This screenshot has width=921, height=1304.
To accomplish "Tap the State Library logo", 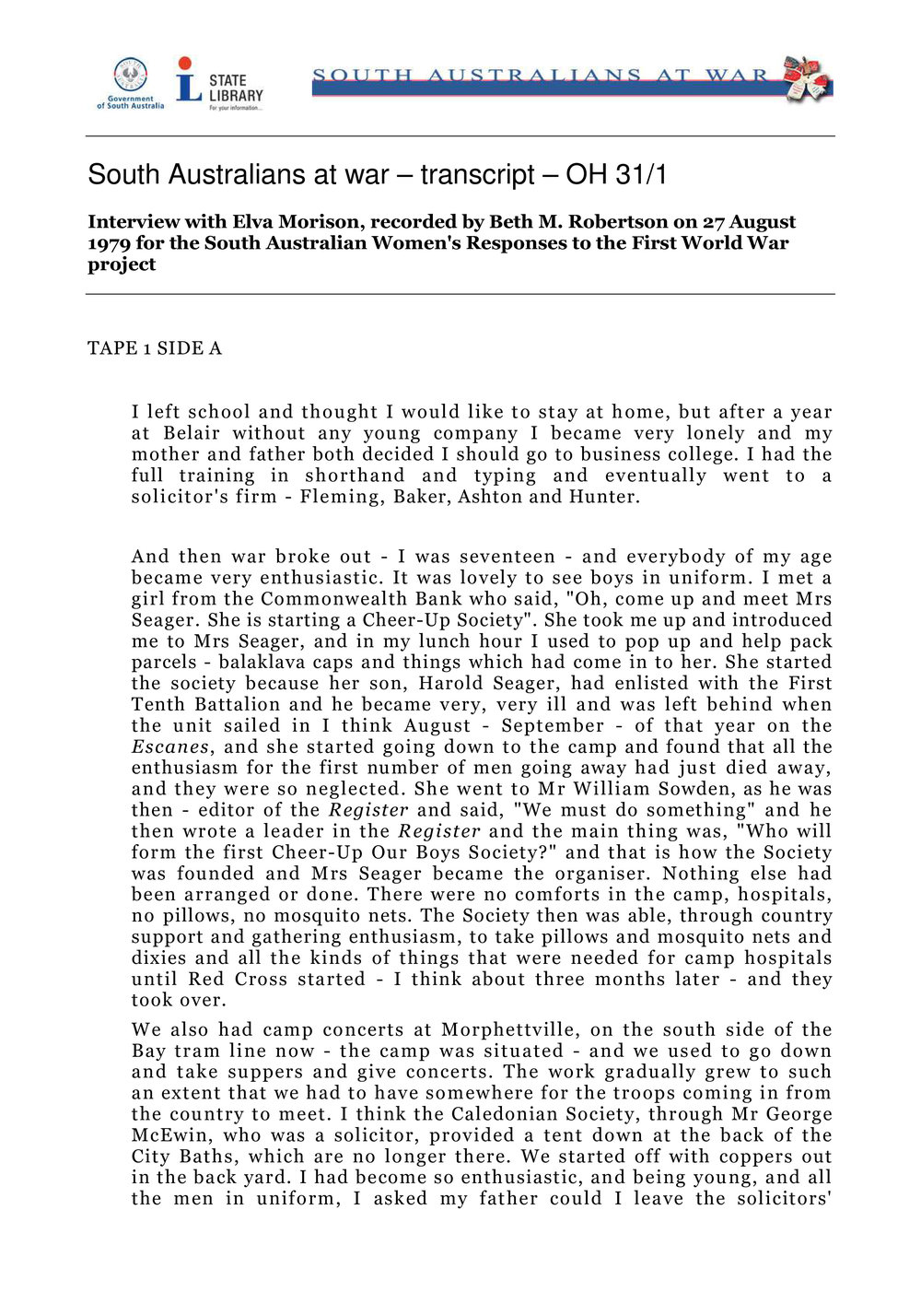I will [219, 84].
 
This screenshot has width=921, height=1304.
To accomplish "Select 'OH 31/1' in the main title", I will [616, 175].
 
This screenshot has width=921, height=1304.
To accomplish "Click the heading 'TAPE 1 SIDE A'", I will [155, 348].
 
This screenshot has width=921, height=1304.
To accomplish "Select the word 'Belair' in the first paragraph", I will [192, 433].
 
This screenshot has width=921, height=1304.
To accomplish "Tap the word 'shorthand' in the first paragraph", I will [355, 476].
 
